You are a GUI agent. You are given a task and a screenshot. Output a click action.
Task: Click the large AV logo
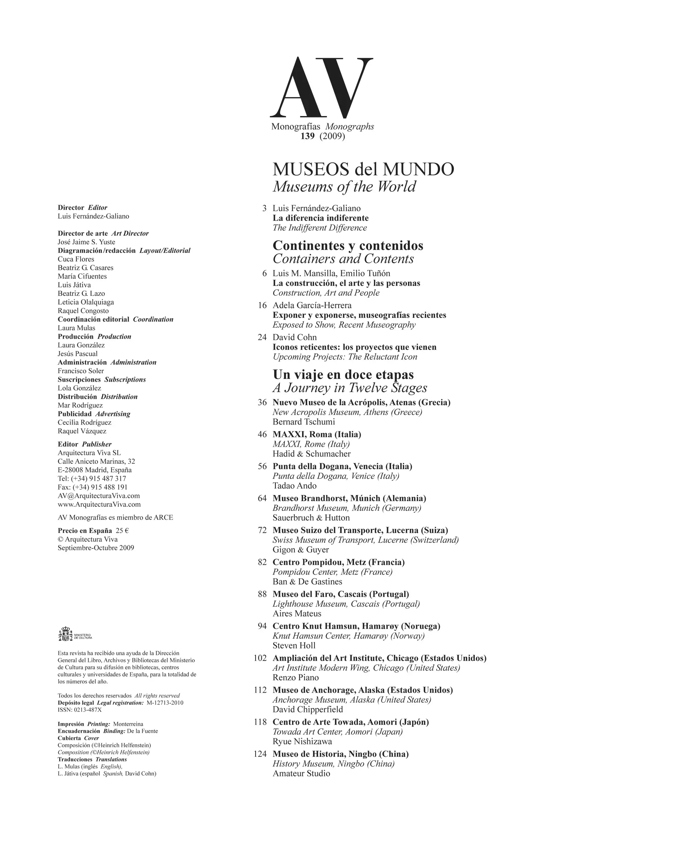[321, 88]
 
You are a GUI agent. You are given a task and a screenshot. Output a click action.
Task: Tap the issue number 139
[308, 136]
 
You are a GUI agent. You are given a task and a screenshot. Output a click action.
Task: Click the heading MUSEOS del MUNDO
[363, 169]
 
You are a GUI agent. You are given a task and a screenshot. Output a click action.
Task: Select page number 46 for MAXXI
[262, 434]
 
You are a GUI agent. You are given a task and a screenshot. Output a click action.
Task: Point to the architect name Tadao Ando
[294, 485]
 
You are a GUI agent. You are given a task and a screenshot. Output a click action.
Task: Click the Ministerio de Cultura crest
[65, 634]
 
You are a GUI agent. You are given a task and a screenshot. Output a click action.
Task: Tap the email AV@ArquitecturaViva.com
[99, 496]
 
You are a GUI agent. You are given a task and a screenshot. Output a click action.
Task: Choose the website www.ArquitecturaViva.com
[99, 505]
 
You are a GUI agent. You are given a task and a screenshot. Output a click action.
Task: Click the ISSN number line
[80, 710]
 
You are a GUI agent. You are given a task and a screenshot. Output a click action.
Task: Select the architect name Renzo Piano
[295, 678]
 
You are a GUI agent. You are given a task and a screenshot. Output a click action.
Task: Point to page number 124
[260, 754]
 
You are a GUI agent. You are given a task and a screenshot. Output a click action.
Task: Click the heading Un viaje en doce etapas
[343, 375]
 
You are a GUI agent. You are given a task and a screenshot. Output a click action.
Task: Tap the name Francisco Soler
[81, 371]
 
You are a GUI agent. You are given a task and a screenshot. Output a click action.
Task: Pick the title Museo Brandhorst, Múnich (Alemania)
[349, 498]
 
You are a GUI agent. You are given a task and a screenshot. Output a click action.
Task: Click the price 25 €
[122, 531]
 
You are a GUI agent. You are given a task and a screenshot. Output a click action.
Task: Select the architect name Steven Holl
[294, 646]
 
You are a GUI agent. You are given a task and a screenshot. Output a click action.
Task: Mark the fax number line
[93, 487]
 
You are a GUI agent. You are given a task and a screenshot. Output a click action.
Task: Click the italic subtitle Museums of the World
[344, 186]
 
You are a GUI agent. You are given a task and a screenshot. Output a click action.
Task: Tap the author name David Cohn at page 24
[294, 337]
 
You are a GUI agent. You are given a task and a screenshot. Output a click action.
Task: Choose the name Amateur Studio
[301, 774]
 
